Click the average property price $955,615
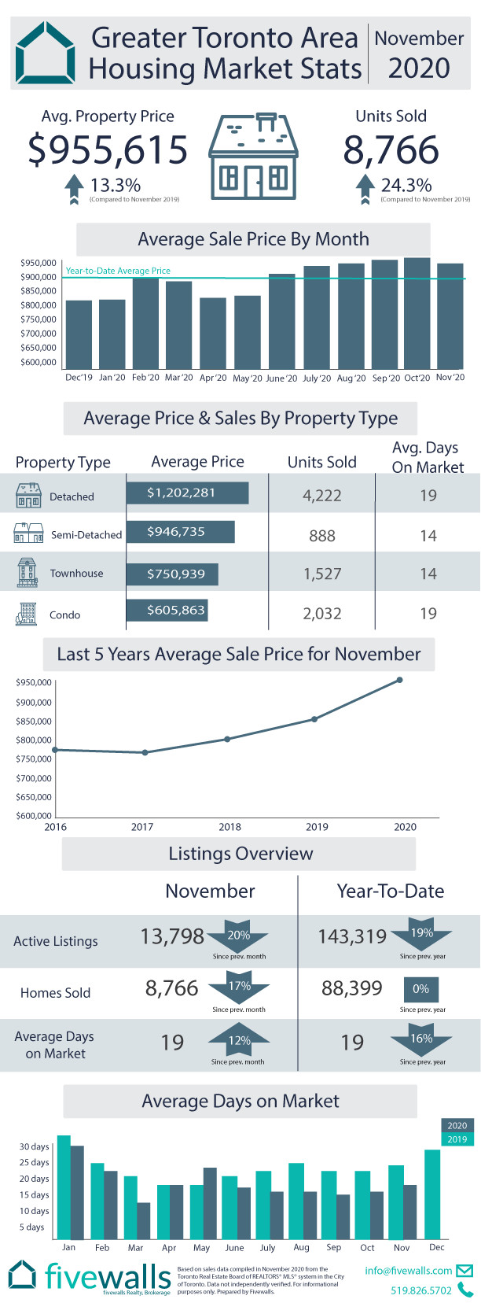click(108, 149)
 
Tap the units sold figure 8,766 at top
click(391, 149)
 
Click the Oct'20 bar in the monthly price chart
click(417, 312)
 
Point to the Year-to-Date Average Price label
click(118, 271)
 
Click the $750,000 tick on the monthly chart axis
click(39, 319)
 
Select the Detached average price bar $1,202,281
click(187, 493)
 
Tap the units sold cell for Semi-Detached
click(322, 536)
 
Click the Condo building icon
click(27, 614)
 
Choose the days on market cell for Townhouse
click(428, 574)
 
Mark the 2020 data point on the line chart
click(400, 680)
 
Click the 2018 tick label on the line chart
click(230, 827)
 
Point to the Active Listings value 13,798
click(172, 936)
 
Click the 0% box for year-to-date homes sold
click(422, 989)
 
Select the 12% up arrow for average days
click(239, 1040)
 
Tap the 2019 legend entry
click(457, 1139)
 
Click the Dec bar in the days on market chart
click(432, 1194)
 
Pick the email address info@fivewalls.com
click(409, 1271)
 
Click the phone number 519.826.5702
click(421, 1290)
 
